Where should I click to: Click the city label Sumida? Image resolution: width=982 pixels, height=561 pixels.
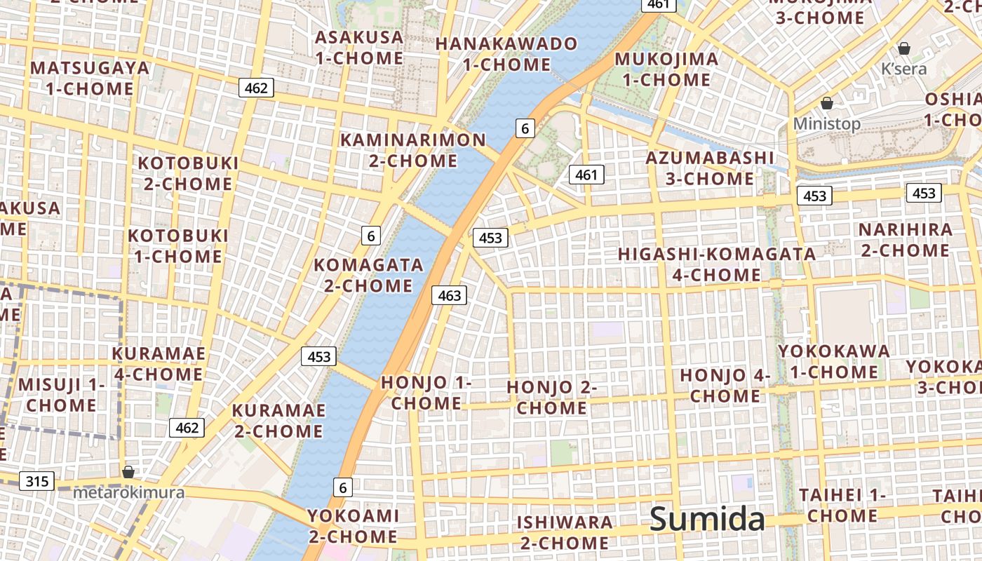706,519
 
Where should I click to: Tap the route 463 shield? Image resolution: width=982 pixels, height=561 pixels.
449,295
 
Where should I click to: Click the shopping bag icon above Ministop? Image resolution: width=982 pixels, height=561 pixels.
827,103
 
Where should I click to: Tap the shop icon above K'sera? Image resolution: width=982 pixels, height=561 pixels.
904,48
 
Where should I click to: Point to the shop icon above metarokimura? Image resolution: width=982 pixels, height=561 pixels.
128,472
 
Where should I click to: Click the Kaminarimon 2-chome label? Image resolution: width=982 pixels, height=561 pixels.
413,150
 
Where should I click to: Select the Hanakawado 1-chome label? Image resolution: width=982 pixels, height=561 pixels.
506,54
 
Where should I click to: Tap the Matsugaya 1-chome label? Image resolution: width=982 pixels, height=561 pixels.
90,78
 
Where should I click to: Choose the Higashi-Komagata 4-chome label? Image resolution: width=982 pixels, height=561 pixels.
717,264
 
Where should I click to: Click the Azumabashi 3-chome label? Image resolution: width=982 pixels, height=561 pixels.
710,168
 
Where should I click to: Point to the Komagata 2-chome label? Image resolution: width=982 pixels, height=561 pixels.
368,275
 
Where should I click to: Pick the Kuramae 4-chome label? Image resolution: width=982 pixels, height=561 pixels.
159,363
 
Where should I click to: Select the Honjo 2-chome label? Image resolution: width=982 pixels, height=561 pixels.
552,397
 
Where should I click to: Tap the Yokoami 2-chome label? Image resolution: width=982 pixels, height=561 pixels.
354,526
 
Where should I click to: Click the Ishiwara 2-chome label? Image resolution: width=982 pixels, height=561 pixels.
565,532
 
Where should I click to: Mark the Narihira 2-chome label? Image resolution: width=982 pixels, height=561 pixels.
906,240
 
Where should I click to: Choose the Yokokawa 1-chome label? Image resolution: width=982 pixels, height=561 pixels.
834,361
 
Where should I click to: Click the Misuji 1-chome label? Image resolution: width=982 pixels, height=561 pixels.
61,394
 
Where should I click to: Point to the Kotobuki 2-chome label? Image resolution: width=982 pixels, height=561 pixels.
188,173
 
